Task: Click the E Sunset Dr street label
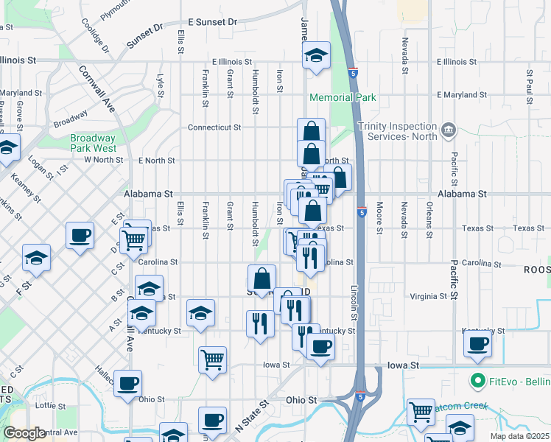point(212,22)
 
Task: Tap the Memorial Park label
point(343,97)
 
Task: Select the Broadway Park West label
point(94,142)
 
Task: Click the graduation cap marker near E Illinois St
point(316,56)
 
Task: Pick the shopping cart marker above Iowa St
point(212,359)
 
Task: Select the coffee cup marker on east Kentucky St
point(478,343)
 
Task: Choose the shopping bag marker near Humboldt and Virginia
point(262,279)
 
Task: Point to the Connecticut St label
point(214,127)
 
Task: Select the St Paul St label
point(529,85)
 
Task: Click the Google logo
point(24,433)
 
